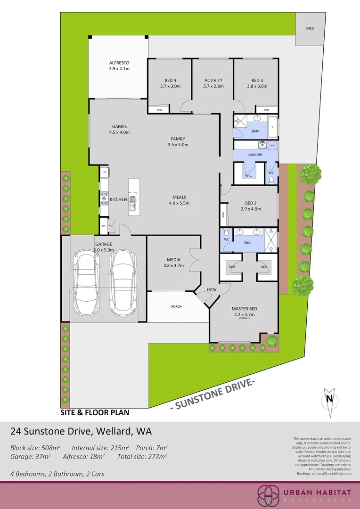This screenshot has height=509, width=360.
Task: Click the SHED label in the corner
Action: click(x=310, y=28)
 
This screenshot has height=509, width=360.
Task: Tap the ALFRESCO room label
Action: click(x=119, y=63)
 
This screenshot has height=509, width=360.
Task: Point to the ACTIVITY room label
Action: click(x=213, y=80)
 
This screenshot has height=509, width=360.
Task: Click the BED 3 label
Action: click(x=257, y=80)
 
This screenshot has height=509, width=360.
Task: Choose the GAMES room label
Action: click(x=119, y=126)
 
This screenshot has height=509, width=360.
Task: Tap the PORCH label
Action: click(x=176, y=307)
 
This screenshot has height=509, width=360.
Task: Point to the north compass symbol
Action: click(x=329, y=398)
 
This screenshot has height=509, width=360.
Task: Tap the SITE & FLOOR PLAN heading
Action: click(x=95, y=412)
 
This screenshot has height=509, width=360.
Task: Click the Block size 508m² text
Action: click(x=35, y=447)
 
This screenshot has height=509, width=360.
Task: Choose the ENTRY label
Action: click(x=212, y=289)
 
